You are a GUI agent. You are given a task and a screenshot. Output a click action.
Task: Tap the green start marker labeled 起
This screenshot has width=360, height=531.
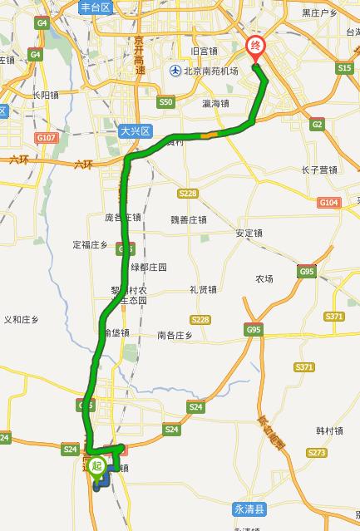pos(96,466)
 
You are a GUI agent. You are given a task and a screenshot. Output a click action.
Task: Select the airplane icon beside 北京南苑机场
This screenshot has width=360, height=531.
pos(175,71)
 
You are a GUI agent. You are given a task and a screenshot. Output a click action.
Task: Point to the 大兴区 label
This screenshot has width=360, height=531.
pos(134,130)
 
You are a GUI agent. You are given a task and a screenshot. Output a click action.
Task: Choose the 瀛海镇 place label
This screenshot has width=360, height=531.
pos(215,104)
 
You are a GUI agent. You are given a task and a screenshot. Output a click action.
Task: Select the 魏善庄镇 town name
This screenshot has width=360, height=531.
pos(188,219)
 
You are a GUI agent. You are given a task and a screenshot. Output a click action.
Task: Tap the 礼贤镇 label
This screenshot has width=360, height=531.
pos(203,289)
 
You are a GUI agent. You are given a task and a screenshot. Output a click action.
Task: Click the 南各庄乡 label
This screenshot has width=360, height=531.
pos(175,336)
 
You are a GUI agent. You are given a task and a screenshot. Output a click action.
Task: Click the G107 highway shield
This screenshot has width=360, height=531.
pos(47,137)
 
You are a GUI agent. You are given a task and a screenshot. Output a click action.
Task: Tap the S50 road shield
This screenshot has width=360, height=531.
pos(165,102)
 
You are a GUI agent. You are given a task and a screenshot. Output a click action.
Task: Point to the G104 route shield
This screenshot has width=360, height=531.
pos(329,203)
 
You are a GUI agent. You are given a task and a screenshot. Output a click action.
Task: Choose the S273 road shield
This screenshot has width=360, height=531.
pos(316,453)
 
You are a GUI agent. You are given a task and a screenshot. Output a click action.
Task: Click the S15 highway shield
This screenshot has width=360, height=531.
pos(345,69)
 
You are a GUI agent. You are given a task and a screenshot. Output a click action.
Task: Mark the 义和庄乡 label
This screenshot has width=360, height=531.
pos(22,319)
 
